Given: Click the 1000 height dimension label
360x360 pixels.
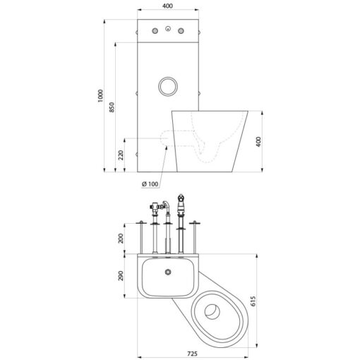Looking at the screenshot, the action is (101, 96).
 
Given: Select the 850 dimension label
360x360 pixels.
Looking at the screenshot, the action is (112, 107).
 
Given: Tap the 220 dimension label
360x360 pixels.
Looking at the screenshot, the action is (121, 155).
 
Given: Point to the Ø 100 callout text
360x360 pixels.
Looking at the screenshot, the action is (150, 184).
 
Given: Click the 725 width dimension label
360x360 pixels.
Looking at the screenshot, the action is (193, 354).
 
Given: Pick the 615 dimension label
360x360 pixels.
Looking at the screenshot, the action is (253, 301).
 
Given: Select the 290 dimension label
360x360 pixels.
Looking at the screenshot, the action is (121, 276).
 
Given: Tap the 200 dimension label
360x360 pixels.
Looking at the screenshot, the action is (121, 239).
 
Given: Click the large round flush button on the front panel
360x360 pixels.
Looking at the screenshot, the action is (168, 86).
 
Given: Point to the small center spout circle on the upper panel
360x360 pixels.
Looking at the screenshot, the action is (168, 29).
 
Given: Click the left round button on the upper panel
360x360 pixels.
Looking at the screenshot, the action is (155, 31).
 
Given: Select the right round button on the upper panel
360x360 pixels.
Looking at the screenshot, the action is (181, 31).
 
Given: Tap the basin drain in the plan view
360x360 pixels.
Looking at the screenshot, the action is (168, 272).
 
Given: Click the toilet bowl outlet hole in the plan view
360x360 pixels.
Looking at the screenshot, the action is (212, 311).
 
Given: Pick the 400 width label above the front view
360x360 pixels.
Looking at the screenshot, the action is (167, 6).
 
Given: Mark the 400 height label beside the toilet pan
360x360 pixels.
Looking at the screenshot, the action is (258, 142).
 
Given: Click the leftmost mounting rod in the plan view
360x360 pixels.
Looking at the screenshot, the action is (141, 237).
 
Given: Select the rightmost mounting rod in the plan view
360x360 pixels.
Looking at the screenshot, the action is (195, 237).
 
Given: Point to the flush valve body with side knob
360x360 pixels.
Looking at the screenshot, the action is (155, 207).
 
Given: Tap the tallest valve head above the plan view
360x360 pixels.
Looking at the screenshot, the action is (181, 203).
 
